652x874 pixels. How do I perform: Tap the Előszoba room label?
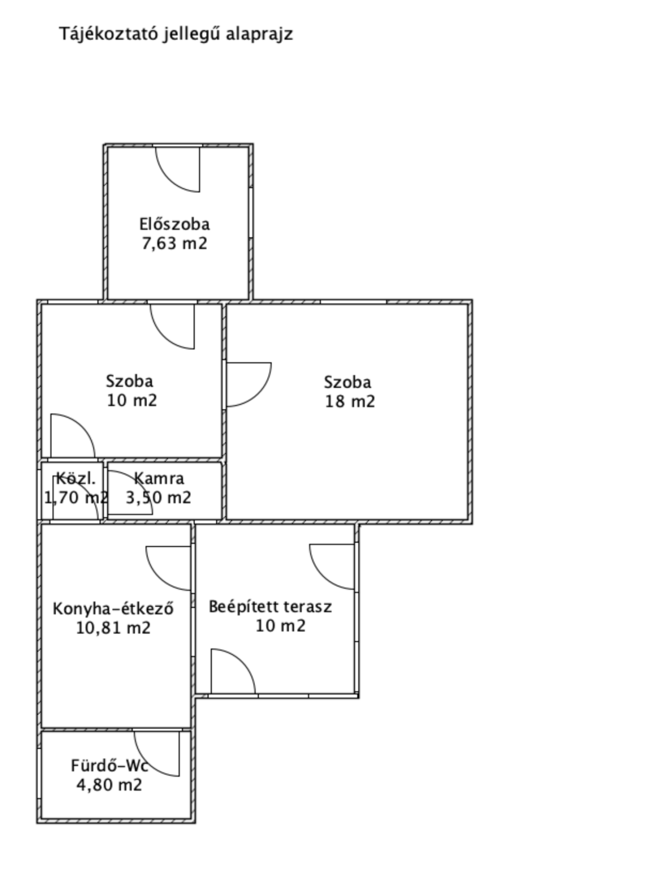pos(175,224)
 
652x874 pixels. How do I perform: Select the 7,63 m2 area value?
pos(175,243)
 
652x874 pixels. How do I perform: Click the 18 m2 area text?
pos(350,401)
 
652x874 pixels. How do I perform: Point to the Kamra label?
pos(159,478)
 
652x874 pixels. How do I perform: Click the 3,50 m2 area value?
pos(158,497)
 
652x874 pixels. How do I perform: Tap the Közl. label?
pos(75,478)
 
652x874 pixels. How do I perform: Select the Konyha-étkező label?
pos(113,608)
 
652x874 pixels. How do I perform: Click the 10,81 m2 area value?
pos(113,628)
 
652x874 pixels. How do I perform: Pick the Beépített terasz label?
pos(270,606)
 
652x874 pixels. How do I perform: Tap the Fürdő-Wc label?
pos(110,766)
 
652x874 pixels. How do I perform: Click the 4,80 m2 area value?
pos(109,785)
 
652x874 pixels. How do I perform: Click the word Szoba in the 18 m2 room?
pos(347,382)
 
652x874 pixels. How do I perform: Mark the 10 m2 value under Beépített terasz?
pos(281,626)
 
